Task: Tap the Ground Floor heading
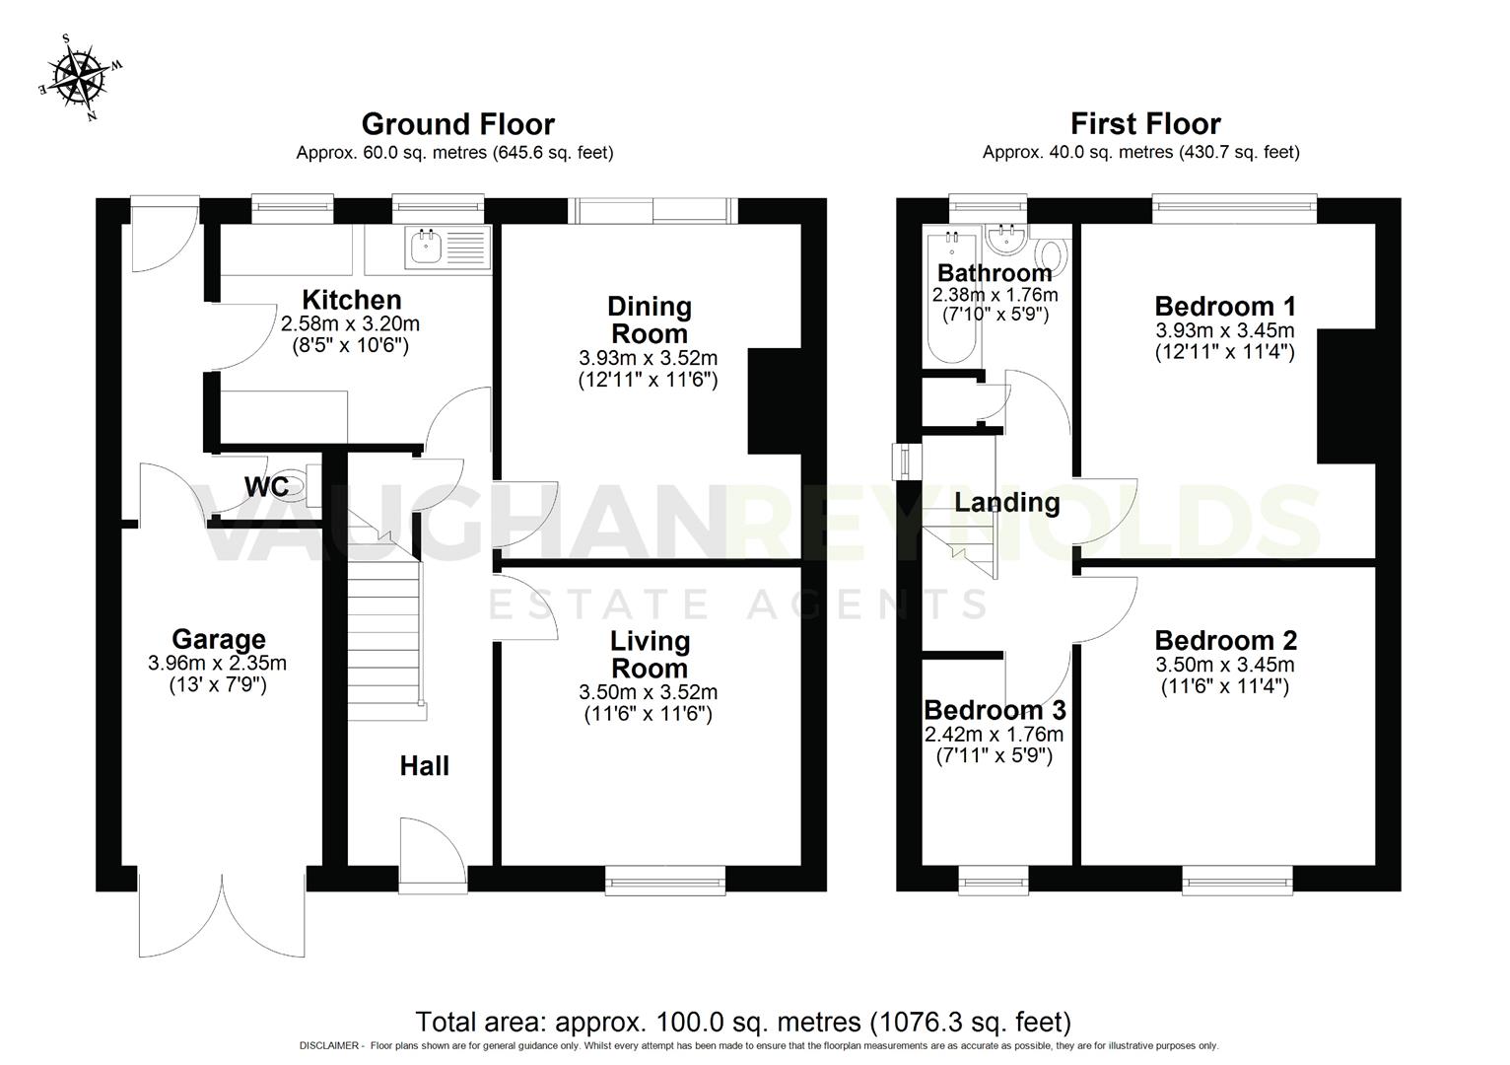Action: pos(457,124)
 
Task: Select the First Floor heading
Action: pos(1145,124)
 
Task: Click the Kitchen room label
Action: pos(351,300)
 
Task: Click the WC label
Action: pos(266,487)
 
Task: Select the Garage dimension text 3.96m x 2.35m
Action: pos(218,664)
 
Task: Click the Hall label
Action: pos(425,766)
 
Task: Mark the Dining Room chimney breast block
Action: pos(775,400)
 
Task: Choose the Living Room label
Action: pos(650,654)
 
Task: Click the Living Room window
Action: pos(665,880)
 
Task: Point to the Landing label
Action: pos(1006,503)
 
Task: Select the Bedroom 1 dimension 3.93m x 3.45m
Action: pos(1224,330)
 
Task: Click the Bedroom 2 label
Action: pos(1225,641)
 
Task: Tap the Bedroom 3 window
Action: pos(993,880)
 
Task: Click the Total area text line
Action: pos(743,1022)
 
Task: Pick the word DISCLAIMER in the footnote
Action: pos(330,1046)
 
